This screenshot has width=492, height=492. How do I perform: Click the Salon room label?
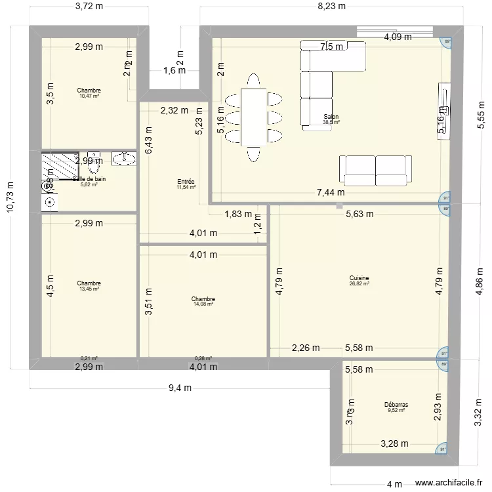click(x=331, y=117)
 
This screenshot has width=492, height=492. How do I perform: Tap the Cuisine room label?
click(x=359, y=278)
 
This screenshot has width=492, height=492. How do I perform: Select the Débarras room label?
click(x=396, y=405)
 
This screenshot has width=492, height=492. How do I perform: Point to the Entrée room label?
click(x=186, y=182)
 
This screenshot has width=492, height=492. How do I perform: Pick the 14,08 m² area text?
click(x=203, y=304)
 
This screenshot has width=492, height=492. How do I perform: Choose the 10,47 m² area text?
click(x=89, y=96)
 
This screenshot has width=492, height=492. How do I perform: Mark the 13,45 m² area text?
click(x=89, y=289)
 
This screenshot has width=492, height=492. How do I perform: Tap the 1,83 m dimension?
click(x=237, y=214)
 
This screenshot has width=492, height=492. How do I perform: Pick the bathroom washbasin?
click(x=123, y=158)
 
